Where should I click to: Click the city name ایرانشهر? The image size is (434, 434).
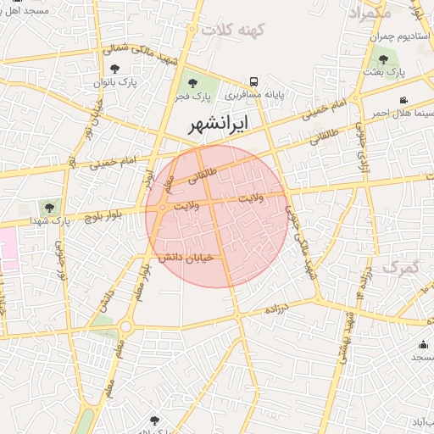coord(219,124)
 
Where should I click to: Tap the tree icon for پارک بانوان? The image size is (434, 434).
coord(115,69)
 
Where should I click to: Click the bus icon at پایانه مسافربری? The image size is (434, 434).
coord(254,82)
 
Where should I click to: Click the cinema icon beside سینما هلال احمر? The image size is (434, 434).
coord(403,100)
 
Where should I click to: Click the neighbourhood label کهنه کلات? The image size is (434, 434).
coord(233,28)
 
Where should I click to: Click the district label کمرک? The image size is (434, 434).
coord(401,266)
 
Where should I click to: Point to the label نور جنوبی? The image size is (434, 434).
coord(61,259)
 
